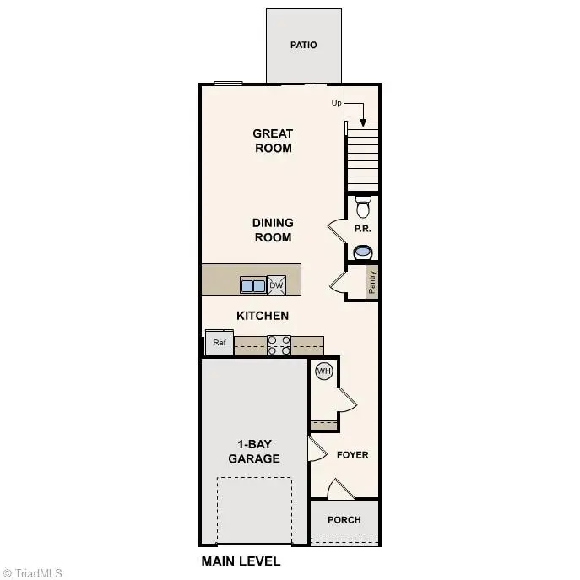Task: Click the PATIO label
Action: click(303, 45)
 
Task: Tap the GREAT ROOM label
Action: click(273, 140)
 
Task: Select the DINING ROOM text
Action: click(273, 230)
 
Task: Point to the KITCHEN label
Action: click(263, 316)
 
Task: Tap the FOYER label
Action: click(353, 455)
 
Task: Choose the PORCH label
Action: click(344, 520)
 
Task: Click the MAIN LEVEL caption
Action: click(241, 561)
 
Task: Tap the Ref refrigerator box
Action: click(220, 343)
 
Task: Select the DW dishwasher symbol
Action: click(276, 285)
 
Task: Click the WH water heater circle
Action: click(323, 371)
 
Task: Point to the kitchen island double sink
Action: click(252, 285)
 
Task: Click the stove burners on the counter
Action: click(279, 344)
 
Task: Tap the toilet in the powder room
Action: click(363, 206)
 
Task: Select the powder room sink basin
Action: click(363, 251)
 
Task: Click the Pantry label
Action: click(372, 282)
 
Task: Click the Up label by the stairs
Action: click(336, 103)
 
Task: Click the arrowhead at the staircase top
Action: click(363, 122)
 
